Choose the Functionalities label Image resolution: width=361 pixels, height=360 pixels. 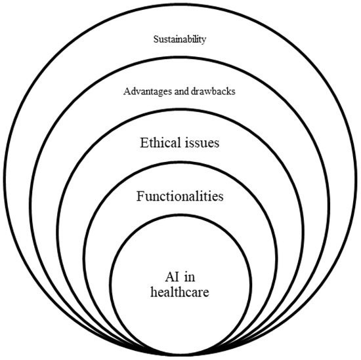(x=180, y=196)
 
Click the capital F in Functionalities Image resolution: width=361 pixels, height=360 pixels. (x=139, y=196)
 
